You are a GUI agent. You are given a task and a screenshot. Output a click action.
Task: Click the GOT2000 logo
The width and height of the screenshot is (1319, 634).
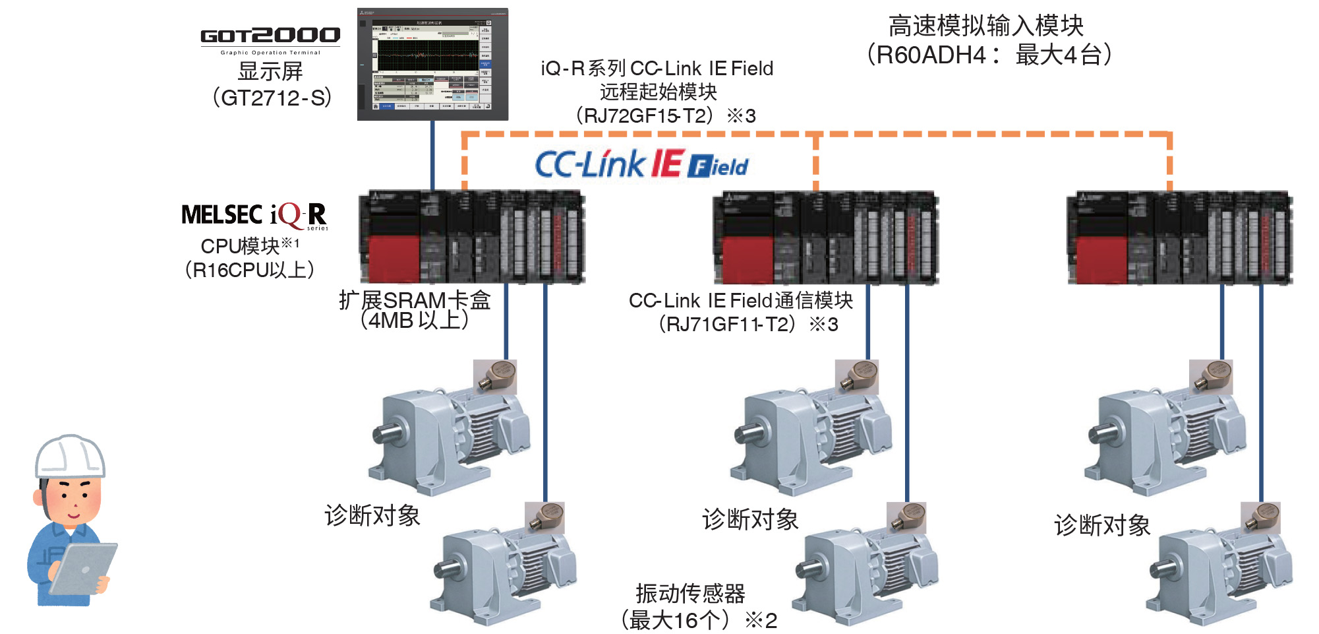click(x=270, y=36)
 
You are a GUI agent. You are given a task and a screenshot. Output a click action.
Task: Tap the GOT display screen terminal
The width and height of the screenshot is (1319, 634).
click(x=432, y=65)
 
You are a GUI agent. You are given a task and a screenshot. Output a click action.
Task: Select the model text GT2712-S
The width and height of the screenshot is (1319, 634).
click(x=272, y=98)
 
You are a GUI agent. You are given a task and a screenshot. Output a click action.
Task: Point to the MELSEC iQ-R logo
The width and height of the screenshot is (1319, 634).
click(x=254, y=215)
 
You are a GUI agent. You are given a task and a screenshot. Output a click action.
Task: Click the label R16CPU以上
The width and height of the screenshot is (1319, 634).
click(x=250, y=270)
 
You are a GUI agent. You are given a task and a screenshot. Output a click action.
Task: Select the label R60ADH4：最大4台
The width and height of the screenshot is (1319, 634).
click(x=989, y=55)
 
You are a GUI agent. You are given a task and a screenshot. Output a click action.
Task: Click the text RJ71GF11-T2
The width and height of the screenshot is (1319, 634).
click(x=727, y=324)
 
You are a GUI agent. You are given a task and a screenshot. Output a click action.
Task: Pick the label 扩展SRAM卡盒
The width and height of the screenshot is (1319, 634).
click(x=415, y=300)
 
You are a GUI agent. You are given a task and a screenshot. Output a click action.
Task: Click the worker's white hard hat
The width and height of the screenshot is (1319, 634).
click(x=70, y=456)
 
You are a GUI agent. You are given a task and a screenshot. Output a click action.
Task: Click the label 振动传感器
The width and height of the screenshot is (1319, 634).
click(x=690, y=593)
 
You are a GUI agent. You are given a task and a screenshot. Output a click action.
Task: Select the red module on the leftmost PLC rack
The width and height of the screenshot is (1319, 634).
click(x=394, y=259)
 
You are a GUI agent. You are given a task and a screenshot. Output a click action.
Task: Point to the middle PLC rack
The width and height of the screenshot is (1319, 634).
click(x=826, y=238)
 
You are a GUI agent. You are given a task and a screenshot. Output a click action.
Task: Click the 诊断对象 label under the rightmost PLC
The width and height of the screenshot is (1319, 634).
click(x=1102, y=525)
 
